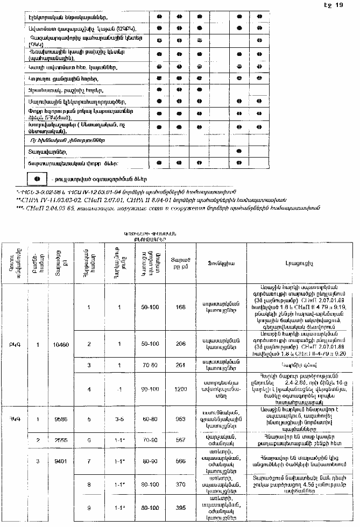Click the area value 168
click(180, 307)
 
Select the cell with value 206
click(180, 344)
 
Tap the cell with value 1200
click(180, 388)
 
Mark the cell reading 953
click(180, 419)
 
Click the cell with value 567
click(180, 440)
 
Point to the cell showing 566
click(180, 461)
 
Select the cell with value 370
click(180, 485)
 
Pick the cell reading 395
click(180, 508)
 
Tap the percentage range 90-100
click(150, 388)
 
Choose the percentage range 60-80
click(150, 419)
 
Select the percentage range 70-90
click(150, 440)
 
